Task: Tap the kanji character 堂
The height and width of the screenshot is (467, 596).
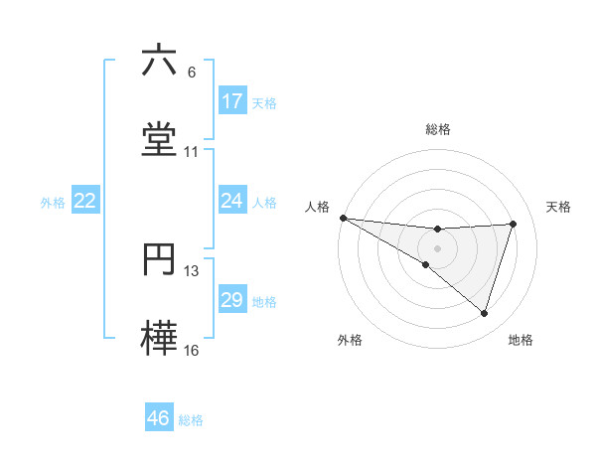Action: (x=159, y=138)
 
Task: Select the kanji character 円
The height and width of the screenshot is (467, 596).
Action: (x=159, y=259)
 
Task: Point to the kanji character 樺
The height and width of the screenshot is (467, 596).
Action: (x=159, y=337)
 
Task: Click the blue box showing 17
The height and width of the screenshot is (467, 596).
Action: (x=232, y=101)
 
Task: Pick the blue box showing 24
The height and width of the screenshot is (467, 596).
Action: (x=232, y=202)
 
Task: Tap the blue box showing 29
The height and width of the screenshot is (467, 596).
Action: (x=232, y=300)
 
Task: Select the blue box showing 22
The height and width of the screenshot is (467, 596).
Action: (x=85, y=202)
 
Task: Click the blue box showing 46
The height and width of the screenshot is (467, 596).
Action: (x=159, y=418)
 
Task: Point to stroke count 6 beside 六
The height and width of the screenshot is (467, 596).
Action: (x=192, y=73)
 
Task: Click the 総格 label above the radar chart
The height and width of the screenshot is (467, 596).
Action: (x=438, y=130)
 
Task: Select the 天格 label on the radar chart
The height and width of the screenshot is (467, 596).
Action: (x=559, y=207)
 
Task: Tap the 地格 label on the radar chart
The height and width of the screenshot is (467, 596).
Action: (x=521, y=340)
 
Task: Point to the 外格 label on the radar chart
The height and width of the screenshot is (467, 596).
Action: (x=350, y=340)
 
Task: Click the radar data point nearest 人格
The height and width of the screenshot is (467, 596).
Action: (x=344, y=218)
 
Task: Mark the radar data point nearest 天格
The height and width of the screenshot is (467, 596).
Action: (x=514, y=225)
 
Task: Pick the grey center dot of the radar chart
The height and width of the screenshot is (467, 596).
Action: (x=438, y=248)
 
